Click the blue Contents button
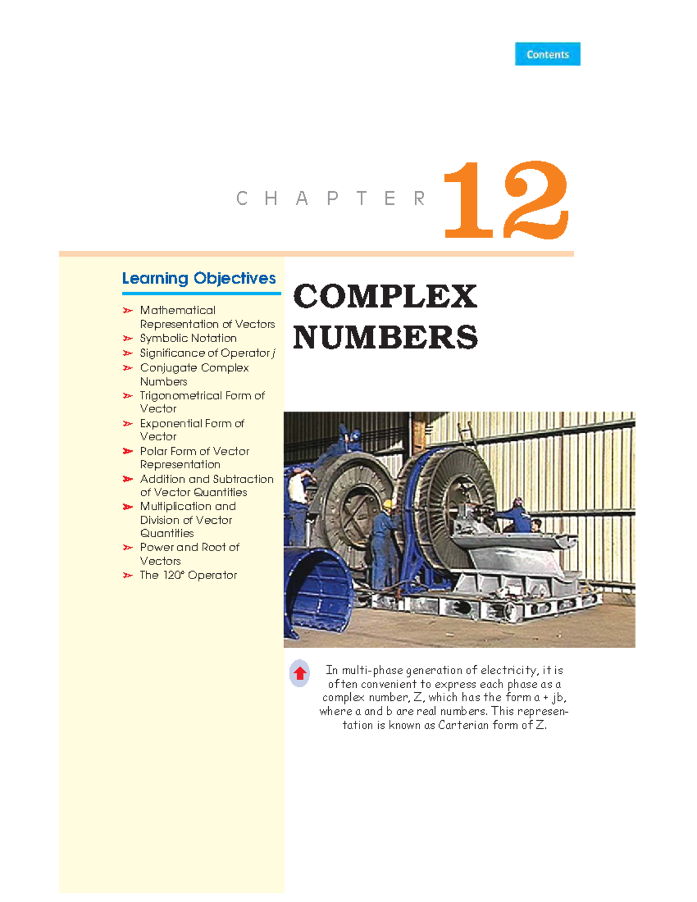(547, 54)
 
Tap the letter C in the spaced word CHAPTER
(242, 199)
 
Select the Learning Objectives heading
(199, 278)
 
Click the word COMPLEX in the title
(385, 296)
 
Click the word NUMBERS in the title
(385, 337)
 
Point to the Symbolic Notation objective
(188, 338)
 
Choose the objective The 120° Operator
(188, 575)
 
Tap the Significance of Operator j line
(207, 353)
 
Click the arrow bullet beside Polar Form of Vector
(128, 451)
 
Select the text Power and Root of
(189, 547)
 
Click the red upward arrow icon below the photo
(300, 673)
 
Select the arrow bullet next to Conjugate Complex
(128, 368)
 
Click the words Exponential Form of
(192, 423)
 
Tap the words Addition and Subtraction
(206, 479)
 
